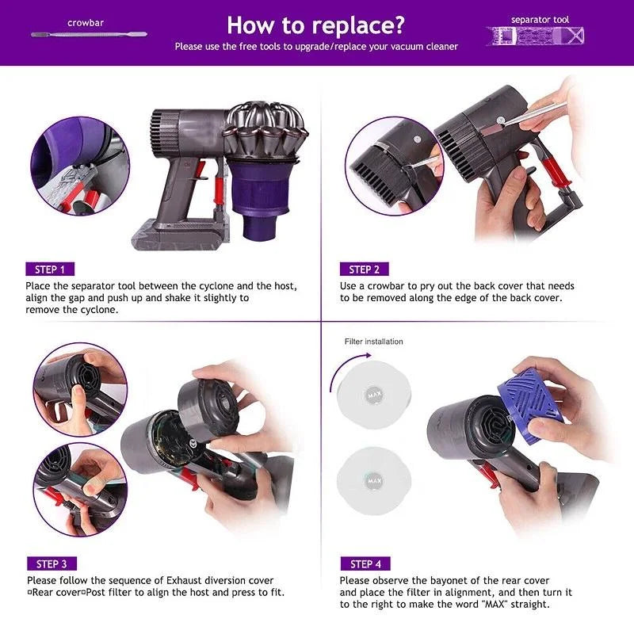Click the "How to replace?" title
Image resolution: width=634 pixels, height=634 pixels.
(315, 25)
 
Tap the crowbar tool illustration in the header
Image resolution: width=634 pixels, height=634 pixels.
(89, 34)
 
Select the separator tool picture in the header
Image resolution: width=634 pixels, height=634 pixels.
(535, 36)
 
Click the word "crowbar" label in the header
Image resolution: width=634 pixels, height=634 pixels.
(86, 23)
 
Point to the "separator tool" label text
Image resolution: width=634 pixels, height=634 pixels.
(540, 20)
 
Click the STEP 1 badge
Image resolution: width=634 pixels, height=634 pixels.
(50, 269)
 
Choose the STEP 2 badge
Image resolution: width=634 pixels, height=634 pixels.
(364, 269)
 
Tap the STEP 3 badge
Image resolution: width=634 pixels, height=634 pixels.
(52, 563)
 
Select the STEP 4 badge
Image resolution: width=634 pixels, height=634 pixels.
(365, 563)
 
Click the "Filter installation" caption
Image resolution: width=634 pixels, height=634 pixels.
(373, 342)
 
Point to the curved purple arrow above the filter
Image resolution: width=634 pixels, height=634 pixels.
(342, 365)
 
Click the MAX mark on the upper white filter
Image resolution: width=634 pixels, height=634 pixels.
(373, 395)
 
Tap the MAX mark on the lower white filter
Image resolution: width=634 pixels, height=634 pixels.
(374, 481)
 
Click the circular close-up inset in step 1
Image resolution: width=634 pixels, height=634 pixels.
(80, 166)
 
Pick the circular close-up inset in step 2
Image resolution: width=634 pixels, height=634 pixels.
(394, 166)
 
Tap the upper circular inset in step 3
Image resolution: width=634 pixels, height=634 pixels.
(80, 389)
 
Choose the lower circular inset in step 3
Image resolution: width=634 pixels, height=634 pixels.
(80, 490)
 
